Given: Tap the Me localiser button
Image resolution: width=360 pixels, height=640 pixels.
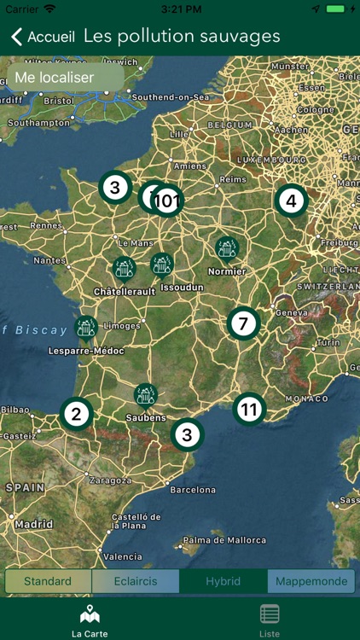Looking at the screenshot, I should pos(55,78).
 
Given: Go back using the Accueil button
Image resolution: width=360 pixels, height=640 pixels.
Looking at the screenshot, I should pos(43,37).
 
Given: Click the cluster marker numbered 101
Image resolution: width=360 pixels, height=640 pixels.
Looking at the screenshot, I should pos(168,201).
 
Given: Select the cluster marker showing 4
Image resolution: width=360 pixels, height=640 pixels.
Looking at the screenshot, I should pos(291,201).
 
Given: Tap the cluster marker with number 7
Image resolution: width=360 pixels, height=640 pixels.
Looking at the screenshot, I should pos(243,323).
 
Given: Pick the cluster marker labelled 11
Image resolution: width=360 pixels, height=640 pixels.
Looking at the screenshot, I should pos(249,410).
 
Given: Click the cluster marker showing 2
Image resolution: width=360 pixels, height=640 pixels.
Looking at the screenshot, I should pos(76,415).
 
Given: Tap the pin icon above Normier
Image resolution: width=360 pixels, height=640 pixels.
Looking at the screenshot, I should pos(227,249).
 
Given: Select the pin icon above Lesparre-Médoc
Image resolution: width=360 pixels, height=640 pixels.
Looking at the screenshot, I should pos(85,328).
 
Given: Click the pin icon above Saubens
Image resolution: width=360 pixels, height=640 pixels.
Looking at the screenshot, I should pos(146,395).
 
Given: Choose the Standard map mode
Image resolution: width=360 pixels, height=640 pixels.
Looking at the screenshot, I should pos(48,581).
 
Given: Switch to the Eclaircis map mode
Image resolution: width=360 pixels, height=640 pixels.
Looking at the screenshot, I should pos(136,581).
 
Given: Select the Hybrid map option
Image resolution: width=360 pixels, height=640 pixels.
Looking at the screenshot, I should pos(224,581).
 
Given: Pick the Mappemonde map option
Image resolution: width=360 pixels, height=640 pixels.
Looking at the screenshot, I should pos(311,581).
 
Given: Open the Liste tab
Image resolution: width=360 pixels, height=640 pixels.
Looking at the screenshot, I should pos(270,620).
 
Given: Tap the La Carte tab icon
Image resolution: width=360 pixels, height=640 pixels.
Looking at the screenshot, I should pos(90,614).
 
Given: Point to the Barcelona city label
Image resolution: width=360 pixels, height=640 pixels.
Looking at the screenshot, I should pos(193,490).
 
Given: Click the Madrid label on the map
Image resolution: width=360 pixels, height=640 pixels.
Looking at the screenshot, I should pos(33,524).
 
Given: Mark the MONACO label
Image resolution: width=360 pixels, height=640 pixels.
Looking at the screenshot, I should pos(306,399).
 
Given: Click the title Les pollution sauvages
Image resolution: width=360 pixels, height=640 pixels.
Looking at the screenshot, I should pos(182,37).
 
